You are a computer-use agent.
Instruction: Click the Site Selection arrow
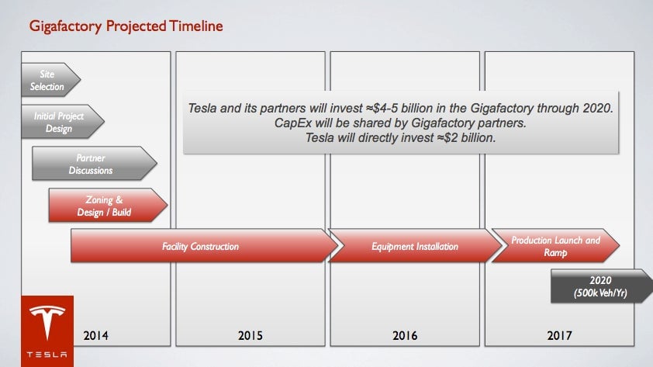click(x=50, y=80)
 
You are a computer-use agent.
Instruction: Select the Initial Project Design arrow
click(x=63, y=122)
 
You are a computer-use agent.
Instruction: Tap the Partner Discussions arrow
click(x=94, y=163)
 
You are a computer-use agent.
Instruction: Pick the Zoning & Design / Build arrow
click(x=108, y=205)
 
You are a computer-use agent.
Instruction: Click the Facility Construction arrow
click(x=204, y=246)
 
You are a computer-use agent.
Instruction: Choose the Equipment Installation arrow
click(x=415, y=246)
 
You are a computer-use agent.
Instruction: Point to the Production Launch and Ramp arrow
click(x=555, y=246)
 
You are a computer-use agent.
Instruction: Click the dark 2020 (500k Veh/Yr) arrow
click(x=602, y=286)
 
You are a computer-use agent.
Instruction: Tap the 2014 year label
click(x=96, y=336)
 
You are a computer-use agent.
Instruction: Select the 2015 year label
click(x=250, y=336)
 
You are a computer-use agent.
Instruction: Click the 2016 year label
click(x=405, y=336)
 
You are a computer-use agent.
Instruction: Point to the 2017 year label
click(x=559, y=336)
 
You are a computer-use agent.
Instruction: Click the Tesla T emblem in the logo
click(x=47, y=321)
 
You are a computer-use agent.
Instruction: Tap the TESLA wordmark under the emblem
click(x=47, y=355)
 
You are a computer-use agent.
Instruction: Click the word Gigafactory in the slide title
click(x=65, y=26)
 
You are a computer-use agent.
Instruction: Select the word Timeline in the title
click(x=195, y=26)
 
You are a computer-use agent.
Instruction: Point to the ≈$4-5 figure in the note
click(x=386, y=109)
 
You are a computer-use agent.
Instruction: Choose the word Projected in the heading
click(x=136, y=26)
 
